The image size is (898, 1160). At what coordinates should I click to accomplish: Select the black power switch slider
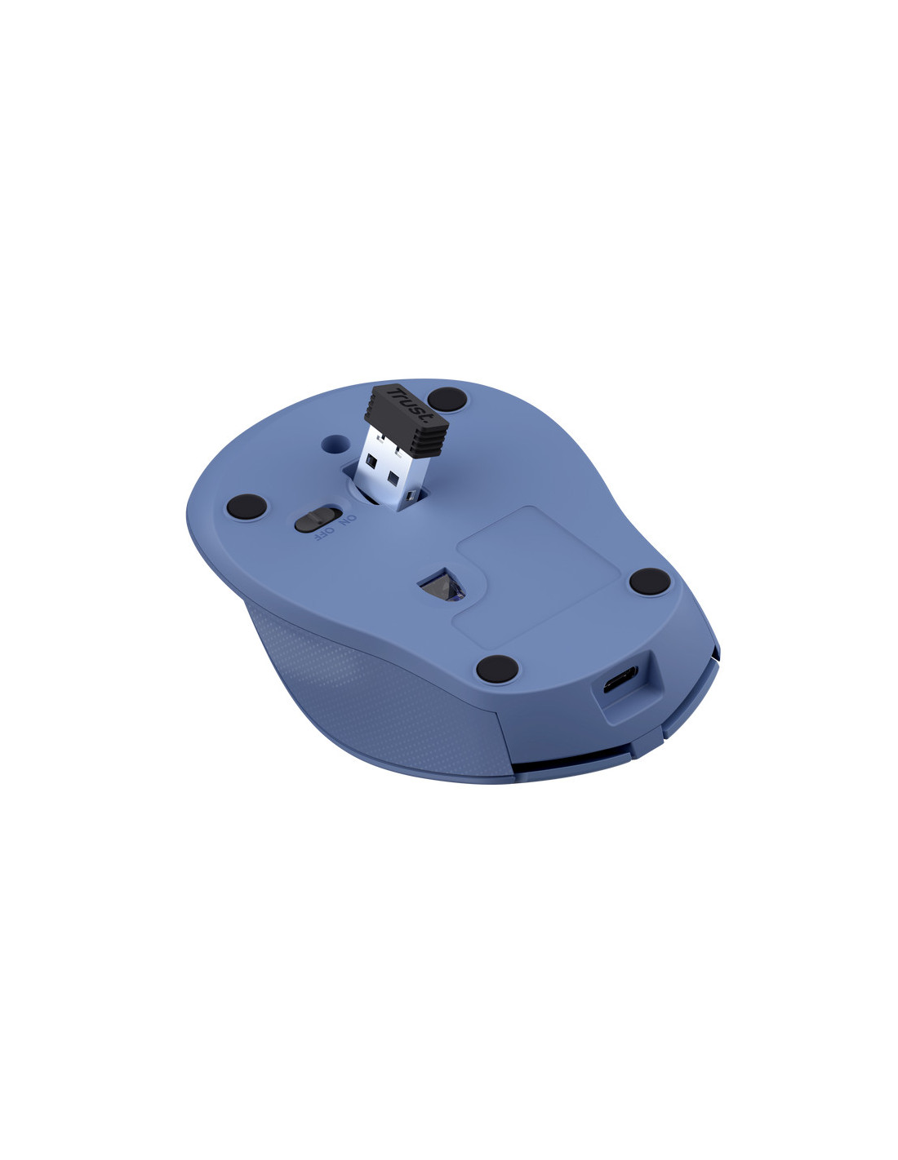318,518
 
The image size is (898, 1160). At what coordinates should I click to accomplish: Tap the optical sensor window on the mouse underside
442,585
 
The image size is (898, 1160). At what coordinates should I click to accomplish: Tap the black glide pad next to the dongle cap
447,399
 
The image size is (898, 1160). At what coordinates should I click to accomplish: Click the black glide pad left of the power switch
247,506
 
